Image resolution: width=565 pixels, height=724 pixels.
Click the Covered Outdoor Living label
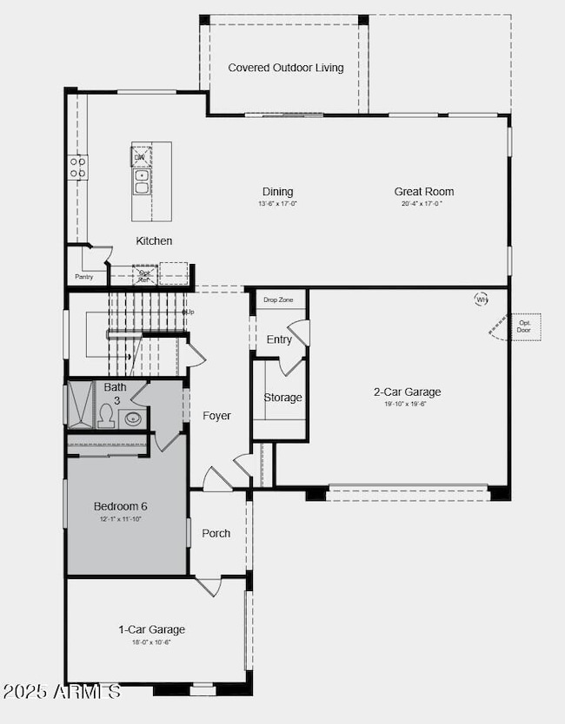pos(286,68)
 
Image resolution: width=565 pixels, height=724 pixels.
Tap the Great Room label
pos(423,192)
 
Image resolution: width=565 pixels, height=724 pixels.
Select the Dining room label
pos(278,192)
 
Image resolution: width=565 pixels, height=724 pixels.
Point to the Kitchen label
pos(154,240)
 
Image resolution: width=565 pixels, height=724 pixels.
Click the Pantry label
pos(84,278)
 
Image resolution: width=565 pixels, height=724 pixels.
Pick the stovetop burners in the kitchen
pos(78,167)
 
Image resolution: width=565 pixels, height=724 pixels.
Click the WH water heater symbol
pos(482,300)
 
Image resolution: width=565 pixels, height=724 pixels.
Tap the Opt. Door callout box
pos(524,326)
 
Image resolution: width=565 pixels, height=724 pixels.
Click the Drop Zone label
pos(279,299)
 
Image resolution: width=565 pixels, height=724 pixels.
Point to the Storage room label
pos(282,398)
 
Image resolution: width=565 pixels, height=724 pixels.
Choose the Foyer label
pos(216,416)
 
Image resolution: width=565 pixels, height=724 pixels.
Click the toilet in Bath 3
pos(106,418)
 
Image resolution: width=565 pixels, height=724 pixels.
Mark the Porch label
pos(216,533)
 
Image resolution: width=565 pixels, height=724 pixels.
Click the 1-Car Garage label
pos(152,629)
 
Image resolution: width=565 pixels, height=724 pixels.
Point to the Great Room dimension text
pos(422,204)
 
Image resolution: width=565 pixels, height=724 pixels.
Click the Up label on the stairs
pos(189,312)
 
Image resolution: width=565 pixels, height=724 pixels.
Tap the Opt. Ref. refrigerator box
pos(144,275)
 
